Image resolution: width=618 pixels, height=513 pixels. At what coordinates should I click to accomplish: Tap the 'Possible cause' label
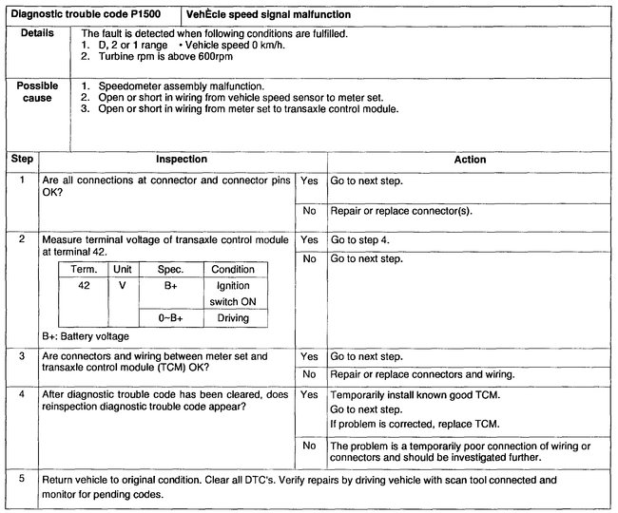point(37,92)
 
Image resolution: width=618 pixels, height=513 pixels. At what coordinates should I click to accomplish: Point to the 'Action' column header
point(470,160)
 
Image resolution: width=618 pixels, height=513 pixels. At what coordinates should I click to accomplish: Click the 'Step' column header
point(21,160)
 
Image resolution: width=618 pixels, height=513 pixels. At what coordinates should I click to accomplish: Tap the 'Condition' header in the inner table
point(232,269)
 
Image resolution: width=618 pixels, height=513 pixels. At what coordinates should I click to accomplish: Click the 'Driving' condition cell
point(232,318)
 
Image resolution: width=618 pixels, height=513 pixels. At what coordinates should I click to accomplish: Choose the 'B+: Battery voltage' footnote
point(86,336)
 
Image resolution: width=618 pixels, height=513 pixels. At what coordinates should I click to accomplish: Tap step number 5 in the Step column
point(21,480)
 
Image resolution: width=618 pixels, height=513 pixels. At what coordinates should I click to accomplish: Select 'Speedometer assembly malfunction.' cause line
point(177,85)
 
